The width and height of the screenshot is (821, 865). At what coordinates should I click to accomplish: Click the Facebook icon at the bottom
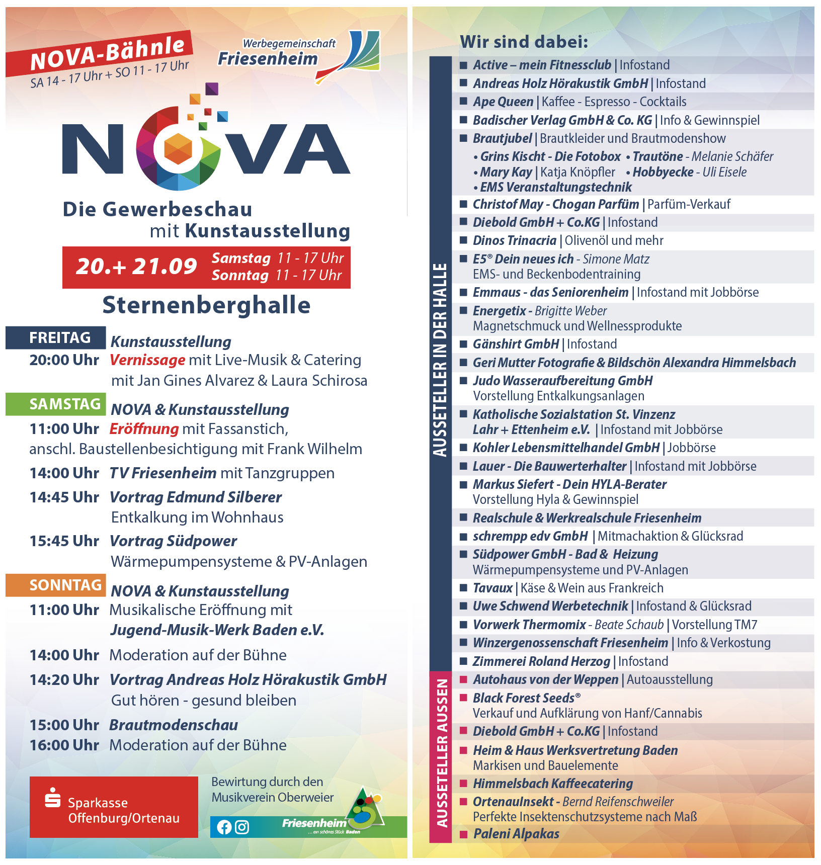[224, 827]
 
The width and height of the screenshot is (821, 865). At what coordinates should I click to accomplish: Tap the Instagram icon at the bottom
[242, 827]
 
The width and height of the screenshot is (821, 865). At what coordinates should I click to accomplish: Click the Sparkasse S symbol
[52, 798]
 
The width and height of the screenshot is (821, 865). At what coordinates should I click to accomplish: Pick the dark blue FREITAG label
[60, 337]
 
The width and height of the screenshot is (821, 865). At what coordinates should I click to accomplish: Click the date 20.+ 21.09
[136, 267]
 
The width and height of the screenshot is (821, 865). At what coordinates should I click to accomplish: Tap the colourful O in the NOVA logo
[178, 149]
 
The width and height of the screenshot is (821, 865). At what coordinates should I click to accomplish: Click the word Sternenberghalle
[206, 305]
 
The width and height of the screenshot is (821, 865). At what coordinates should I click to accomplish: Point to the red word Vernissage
[147, 360]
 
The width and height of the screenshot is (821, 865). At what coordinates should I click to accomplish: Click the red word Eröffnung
[144, 429]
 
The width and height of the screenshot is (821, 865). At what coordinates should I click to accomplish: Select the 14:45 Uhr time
[64, 497]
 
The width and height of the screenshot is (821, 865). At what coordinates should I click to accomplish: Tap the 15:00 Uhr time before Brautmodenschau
[64, 725]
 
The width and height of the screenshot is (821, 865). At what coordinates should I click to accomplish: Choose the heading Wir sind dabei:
[524, 42]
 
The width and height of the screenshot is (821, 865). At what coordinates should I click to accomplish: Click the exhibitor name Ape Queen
[503, 102]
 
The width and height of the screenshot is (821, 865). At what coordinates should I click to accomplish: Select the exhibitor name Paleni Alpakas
[516, 834]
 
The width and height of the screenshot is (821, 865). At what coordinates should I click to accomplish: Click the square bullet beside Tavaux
[463, 587]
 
